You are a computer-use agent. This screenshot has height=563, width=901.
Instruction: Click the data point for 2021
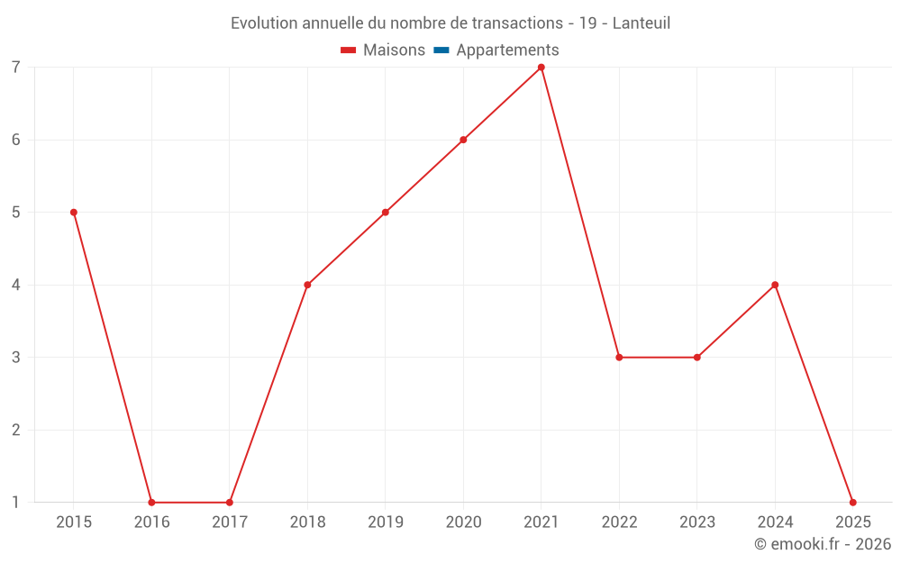(x=542, y=68)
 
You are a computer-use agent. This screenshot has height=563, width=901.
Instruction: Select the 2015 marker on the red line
(x=74, y=213)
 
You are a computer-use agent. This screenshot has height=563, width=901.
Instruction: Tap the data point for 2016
(x=151, y=503)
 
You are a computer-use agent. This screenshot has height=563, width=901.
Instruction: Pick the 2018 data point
(x=307, y=285)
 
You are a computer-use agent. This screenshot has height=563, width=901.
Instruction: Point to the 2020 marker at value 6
(x=463, y=140)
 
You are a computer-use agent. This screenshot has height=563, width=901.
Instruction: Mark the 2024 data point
(x=775, y=285)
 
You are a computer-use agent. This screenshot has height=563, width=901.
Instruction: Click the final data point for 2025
(x=852, y=503)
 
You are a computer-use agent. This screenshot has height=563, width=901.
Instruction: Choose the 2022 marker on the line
(x=619, y=358)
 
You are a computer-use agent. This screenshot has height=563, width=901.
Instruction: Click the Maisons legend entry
(x=394, y=50)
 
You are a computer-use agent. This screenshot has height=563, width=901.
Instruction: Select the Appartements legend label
(x=507, y=50)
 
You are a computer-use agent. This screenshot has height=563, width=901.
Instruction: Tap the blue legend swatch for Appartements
(x=441, y=50)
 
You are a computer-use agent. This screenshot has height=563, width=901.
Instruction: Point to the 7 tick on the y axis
(x=16, y=68)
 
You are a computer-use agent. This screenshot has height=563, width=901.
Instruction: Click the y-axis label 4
(x=16, y=285)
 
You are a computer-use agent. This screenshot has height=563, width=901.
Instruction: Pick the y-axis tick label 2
(x=16, y=430)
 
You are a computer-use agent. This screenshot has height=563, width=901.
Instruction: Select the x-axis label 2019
(x=386, y=522)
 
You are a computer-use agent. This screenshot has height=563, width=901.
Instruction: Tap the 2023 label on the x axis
(x=697, y=522)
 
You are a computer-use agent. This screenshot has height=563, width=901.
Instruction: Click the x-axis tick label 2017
(x=230, y=522)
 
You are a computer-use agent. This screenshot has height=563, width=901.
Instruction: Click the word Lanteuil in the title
(x=641, y=23)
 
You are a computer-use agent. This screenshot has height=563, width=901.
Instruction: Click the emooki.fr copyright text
(x=823, y=544)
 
